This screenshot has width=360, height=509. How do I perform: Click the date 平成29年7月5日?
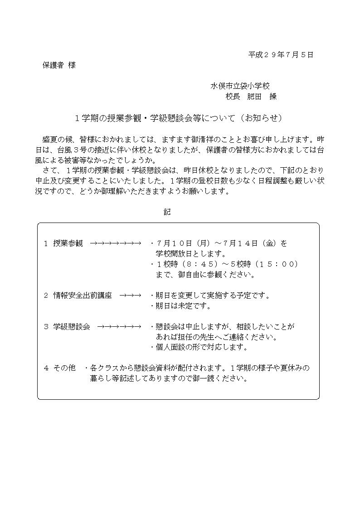tap(281, 55)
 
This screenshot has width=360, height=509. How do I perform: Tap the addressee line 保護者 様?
tap(59, 65)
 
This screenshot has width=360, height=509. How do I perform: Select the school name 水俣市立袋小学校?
tap(241, 86)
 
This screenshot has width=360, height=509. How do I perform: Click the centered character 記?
tap(167, 212)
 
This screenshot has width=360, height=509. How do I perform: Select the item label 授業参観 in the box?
tap(68, 243)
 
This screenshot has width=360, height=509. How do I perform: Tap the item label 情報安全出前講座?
tap(83, 296)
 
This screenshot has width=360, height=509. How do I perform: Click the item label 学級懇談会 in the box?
tap(72, 327)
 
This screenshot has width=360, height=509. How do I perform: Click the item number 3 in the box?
tap(46, 327)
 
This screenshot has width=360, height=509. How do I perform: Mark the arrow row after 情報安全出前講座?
tap(131, 296)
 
